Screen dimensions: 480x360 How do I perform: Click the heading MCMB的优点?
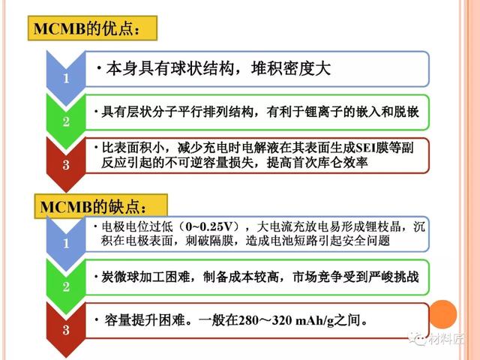86,28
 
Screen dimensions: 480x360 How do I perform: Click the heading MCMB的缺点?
93,207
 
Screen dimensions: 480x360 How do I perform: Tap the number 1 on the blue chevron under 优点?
66,79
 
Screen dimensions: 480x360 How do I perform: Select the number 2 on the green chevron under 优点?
66,121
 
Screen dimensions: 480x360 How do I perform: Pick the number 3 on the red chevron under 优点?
66,165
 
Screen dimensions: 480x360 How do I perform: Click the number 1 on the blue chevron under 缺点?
66,244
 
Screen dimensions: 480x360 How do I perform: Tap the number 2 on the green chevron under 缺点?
66,286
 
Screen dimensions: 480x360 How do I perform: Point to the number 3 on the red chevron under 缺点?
66,330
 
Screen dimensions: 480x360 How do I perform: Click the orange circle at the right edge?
443,314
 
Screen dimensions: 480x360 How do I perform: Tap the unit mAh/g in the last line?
315,321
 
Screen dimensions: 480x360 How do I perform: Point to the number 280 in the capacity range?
248,320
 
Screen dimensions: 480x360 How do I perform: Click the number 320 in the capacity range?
282,320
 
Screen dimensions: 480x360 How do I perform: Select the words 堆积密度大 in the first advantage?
291,68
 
